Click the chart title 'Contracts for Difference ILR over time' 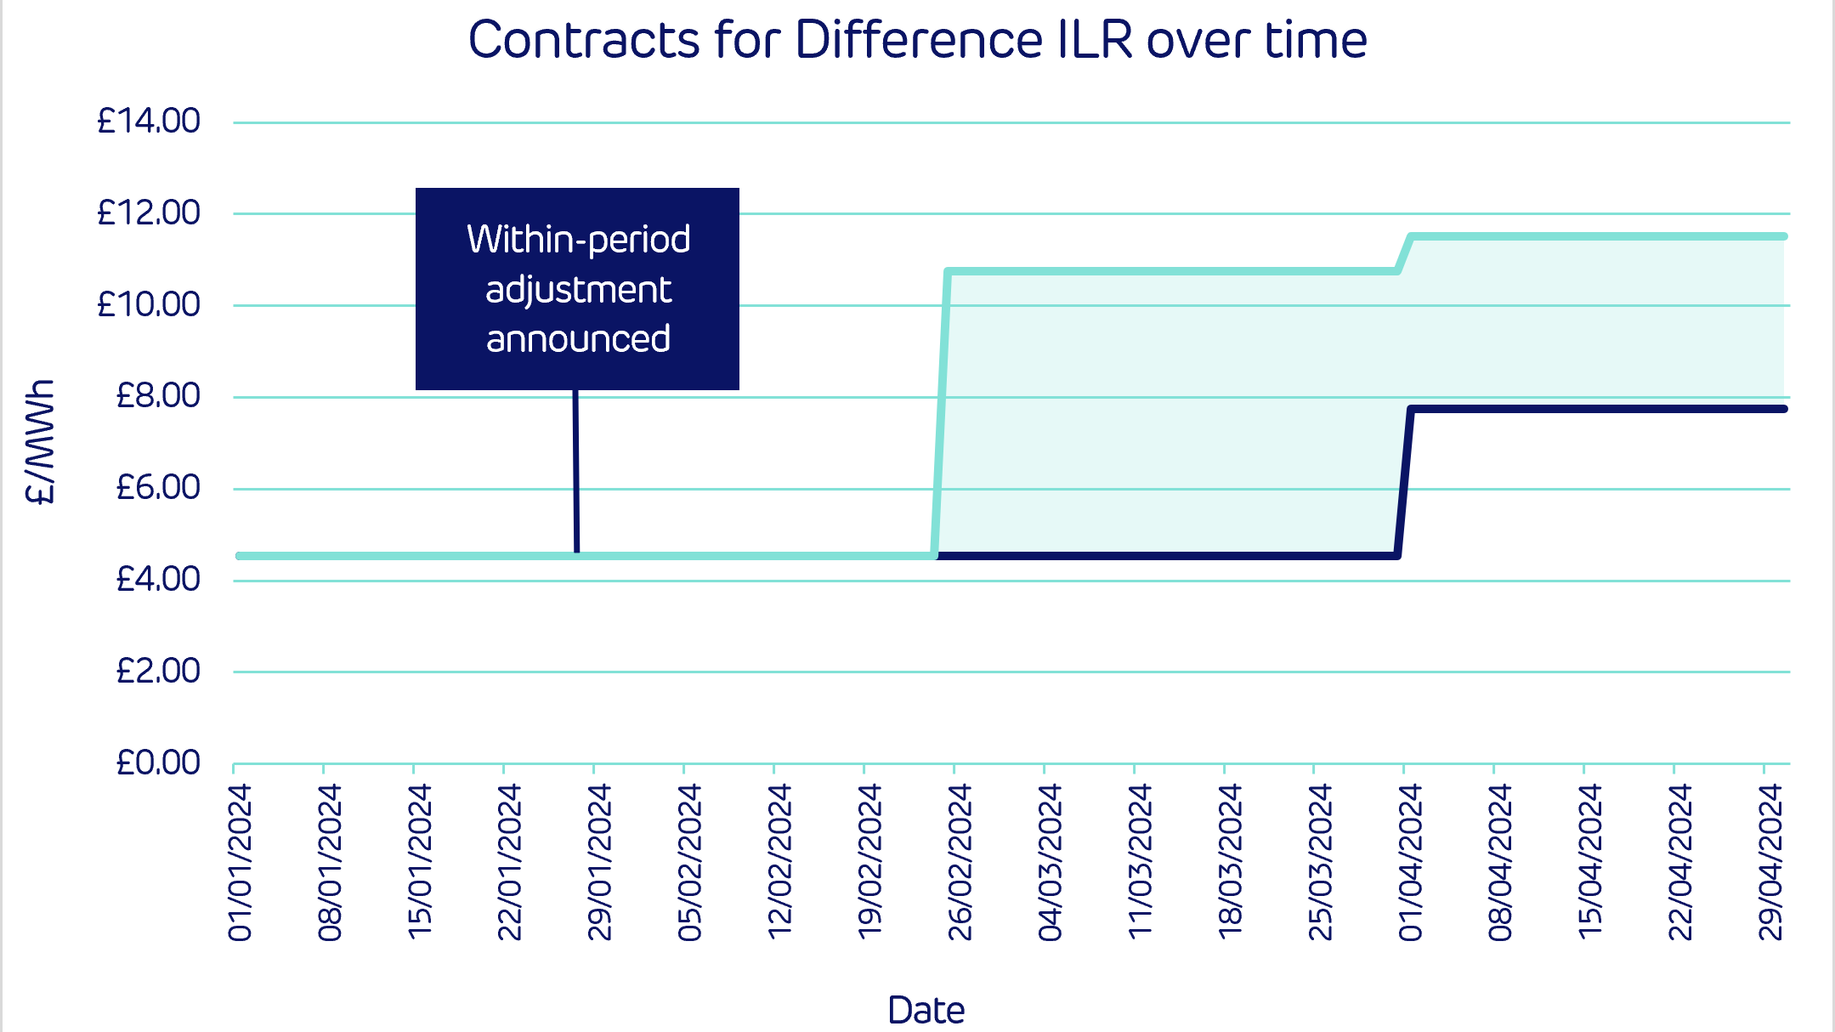[x=917, y=40]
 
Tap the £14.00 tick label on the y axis [x=149, y=121]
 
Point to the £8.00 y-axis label [x=158, y=395]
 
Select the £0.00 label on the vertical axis [x=158, y=763]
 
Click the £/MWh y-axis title [x=41, y=442]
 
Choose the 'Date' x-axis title [x=926, y=1010]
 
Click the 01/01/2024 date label [x=241, y=862]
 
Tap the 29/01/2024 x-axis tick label [x=600, y=862]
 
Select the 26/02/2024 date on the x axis [x=960, y=862]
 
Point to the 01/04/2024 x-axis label [x=1410, y=862]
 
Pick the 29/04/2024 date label [x=1770, y=862]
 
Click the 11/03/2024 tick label [x=1140, y=862]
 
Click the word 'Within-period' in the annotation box [x=578, y=239]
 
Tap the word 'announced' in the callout [x=578, y=338]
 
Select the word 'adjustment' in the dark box [x=578, y=290]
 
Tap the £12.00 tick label [x=149, y=213]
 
